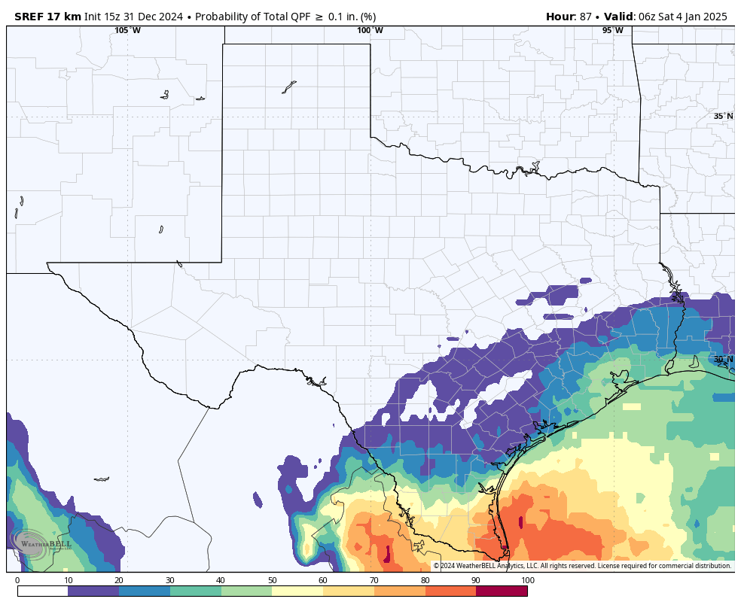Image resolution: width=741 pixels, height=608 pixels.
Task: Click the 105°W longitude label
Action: (127, 30)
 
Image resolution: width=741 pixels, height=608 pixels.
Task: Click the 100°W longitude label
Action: (370, 30)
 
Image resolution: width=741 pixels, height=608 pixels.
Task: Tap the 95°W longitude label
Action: (612, 30)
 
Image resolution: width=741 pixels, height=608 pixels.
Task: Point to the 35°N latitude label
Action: (723, 116)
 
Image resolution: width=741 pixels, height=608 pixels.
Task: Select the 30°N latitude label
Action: (723, 360)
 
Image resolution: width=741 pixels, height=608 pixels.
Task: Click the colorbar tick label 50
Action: (272, 580)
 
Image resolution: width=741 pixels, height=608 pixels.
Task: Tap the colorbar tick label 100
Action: (528, 580)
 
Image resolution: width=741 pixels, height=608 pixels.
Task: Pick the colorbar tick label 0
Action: (17, 580)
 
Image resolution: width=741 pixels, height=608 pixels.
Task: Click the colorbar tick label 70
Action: (374, 580)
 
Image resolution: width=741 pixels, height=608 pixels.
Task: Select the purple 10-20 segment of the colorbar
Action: (93, 591)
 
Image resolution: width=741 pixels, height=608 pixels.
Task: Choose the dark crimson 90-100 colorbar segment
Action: (502, 591)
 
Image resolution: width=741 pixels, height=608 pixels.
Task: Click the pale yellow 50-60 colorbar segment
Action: (297, 591)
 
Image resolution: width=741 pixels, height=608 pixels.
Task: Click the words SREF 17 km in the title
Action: (47, 17)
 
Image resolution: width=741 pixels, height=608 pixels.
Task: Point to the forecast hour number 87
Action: (585, 17)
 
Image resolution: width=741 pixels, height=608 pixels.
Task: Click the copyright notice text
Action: (582, 566)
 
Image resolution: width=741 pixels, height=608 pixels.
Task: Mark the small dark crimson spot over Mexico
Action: (388, 555)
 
